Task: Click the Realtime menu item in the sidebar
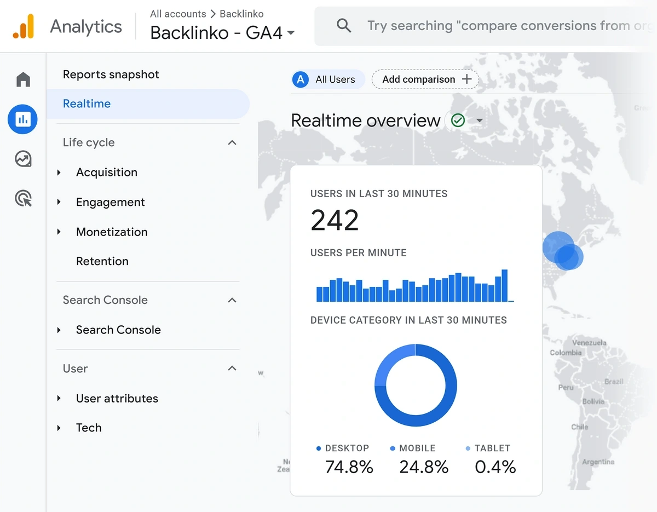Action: tap(87, 103)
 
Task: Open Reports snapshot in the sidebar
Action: tap(111, 74)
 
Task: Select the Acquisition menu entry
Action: tap(107, 172)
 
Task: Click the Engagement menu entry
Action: tap(110, 202)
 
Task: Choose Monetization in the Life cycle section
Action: tap(112, 232)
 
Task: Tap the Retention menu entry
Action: tap(102, 261)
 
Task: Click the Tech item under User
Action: tap(89, 428)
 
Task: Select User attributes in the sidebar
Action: tap(117, 399)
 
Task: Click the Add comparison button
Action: tap(425, 79)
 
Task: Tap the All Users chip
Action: tap(327, 79)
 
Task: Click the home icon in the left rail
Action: tap(23, 80)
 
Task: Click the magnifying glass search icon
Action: tap(344, 26)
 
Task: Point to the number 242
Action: tap(335, 220)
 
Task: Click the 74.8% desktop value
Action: tap(349, 467)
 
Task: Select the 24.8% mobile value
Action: tap(423, 467)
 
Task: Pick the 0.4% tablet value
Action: tap(495, 467)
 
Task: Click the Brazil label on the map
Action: tap(614, 381)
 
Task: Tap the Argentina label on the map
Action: tap(598, 462)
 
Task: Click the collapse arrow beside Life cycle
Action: tap(232, 142)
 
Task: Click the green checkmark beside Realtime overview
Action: tap(458, 120)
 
